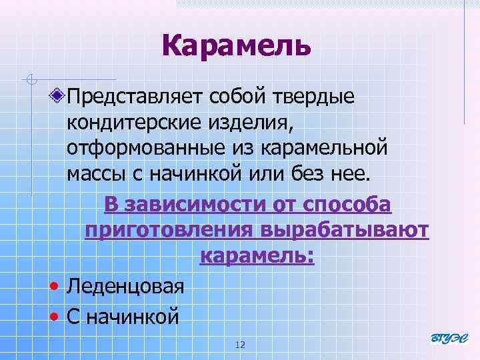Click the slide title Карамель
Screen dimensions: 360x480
coord(236,46)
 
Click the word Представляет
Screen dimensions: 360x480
coord(135,98)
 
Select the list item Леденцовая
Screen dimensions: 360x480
coord(125,287)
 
